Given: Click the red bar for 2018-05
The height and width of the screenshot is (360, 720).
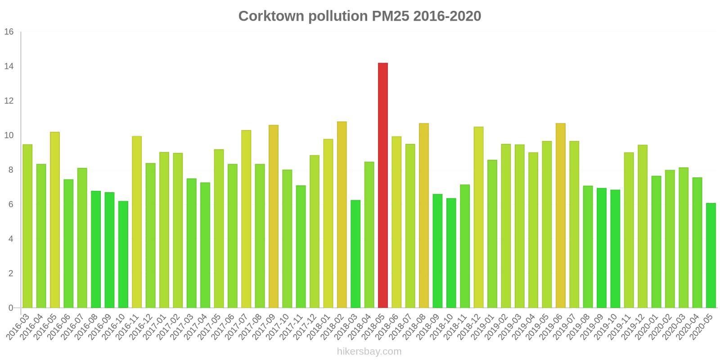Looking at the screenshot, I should (x=382, y=185).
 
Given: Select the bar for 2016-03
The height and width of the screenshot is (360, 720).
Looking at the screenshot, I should (x=27, y=226).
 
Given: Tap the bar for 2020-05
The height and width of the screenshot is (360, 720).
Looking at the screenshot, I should (x=711, y=255).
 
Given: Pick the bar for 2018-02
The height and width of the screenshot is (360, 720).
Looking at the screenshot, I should (x=342, y=215).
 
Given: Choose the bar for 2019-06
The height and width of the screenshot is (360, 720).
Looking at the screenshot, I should (x=560, y=216).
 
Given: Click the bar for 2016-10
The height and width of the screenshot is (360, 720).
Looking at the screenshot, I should (x=123, y=254).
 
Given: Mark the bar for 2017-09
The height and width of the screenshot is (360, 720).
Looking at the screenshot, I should (x=274, y=216).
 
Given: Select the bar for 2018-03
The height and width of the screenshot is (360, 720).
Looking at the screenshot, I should (x=355, y=254).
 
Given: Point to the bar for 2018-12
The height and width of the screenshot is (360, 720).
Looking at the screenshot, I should (x=478, y=217).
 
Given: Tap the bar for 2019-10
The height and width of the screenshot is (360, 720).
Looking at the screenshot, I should (x=615, y=249).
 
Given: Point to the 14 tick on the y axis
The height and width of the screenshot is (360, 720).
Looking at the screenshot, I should (x=9, y=67).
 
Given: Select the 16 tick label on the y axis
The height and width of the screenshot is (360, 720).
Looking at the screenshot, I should (x=9, y=32).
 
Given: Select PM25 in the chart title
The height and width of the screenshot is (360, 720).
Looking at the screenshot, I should (x=391, y=16).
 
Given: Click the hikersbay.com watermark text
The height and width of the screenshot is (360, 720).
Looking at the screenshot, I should (x=369, y=351).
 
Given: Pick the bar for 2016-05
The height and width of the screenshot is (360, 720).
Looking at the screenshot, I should (x=55, y=220).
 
